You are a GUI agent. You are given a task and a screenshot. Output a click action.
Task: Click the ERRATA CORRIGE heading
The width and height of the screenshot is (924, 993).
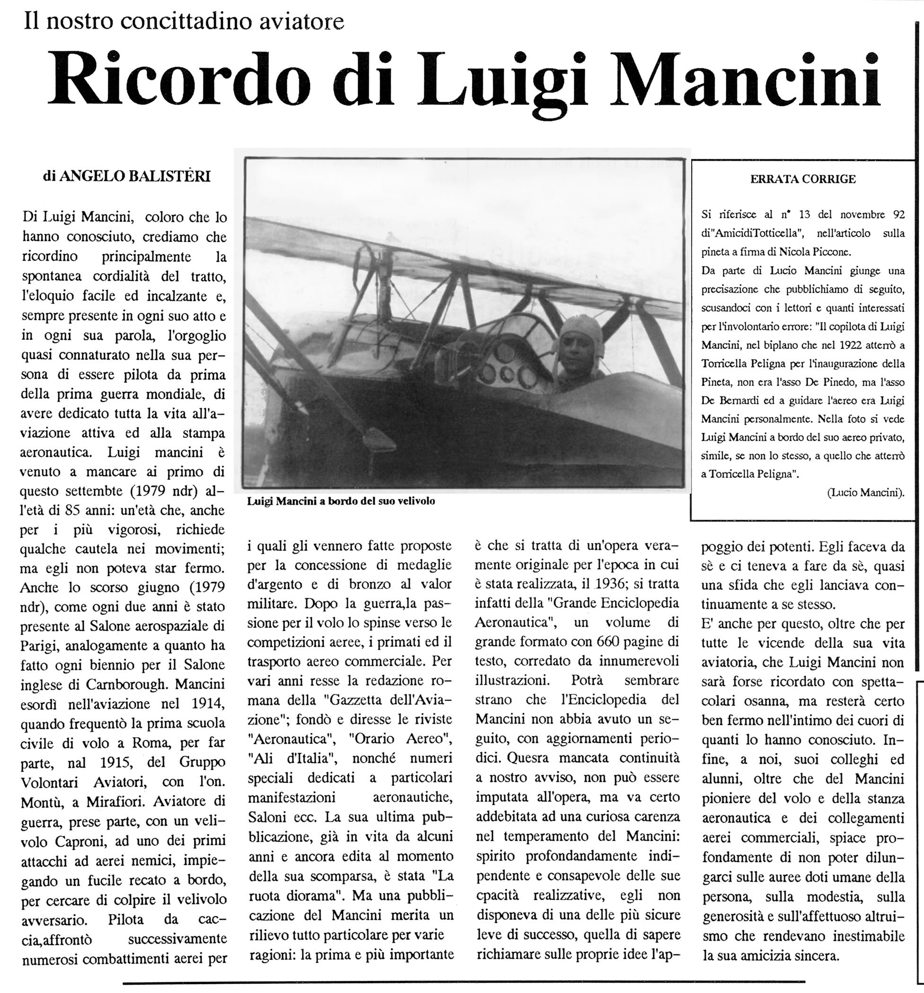pos(802,179)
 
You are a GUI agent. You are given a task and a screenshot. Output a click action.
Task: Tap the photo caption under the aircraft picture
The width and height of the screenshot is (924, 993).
pos(341,501)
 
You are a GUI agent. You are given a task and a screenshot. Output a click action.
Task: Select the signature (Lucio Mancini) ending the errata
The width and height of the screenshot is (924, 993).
pos(865,493)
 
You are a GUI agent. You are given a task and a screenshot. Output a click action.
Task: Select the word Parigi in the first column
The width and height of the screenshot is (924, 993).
pos(41,646)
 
